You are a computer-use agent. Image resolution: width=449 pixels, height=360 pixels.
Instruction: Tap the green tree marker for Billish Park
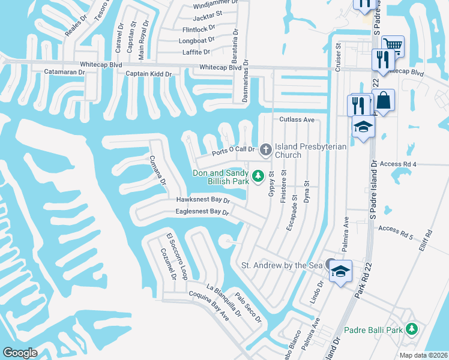click(258, 176)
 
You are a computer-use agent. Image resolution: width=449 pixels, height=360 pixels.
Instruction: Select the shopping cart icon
click(393, 45)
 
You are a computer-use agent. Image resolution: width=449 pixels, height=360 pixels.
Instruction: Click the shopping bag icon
click(384, 100)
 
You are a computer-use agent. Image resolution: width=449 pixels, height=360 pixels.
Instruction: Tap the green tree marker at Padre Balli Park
click(412, 329)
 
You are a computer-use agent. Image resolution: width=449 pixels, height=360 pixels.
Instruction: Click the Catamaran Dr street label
click(65, 72)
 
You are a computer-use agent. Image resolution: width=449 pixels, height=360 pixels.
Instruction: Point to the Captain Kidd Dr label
click(148, 74)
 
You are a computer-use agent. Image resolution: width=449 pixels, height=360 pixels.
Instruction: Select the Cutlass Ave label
click(297, 119)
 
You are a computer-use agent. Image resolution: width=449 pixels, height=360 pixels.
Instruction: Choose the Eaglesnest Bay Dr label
click(202, 212)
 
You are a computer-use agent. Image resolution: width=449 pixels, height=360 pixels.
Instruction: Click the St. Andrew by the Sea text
click(282, 265)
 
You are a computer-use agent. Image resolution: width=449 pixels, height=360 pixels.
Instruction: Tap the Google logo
click(20, 353)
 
